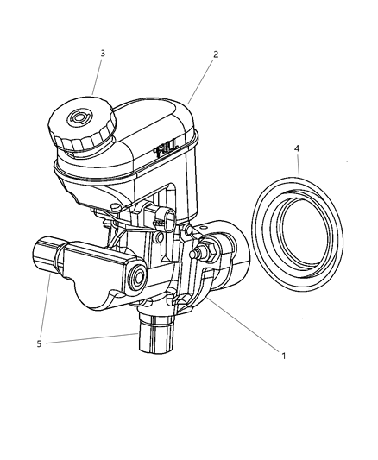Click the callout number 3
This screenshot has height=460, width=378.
(103, 54)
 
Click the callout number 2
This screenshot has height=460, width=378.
(216, 54)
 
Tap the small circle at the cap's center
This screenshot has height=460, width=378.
(82, 118)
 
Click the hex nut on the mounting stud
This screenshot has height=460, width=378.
(208, 253)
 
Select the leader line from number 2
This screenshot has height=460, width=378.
(201, 80)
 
